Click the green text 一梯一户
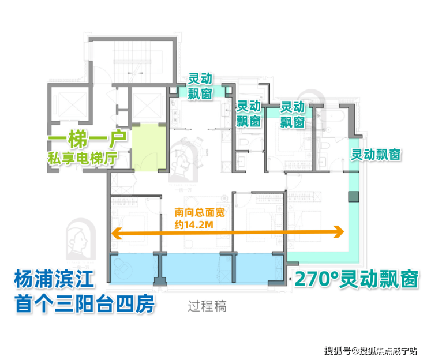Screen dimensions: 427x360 [88, 139]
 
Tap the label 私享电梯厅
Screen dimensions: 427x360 [83, 158]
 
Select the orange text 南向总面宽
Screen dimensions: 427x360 [200, 212]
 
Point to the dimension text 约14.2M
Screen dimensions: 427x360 [194, 224]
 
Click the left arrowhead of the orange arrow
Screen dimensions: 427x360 [117, 234]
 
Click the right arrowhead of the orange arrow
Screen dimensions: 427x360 [339, 232]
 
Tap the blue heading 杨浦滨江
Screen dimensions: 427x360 [54, 279]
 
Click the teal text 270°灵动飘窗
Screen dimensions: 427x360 [357, 279]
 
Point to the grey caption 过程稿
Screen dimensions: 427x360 [207, 306]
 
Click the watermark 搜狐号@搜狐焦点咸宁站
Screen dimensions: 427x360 [370, 350]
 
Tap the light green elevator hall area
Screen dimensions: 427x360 [149, 148]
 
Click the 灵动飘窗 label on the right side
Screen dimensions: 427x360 [376, 155]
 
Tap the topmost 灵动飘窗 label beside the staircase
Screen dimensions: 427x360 [200, 87]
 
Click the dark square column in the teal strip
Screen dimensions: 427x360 [354, 197]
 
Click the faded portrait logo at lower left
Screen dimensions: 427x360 [80, 239]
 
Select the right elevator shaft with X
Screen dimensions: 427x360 [146, 105]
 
